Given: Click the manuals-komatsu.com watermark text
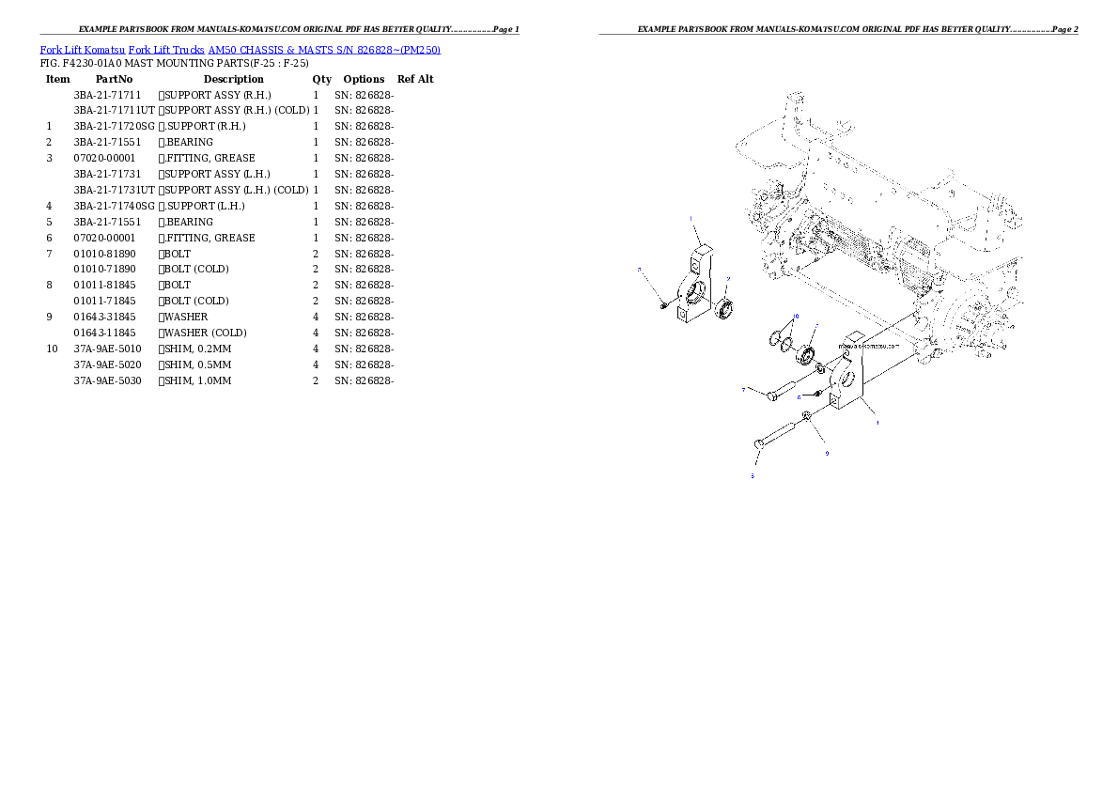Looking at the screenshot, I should [869, 345].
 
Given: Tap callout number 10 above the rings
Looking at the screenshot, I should [796, 317].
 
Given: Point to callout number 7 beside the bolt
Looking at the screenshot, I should [743, 390].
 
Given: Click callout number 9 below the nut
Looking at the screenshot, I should [827, 454].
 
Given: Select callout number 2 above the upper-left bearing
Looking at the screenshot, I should [727, 279].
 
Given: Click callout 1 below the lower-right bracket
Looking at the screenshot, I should [877, 423].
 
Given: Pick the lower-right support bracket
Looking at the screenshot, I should [851, 380].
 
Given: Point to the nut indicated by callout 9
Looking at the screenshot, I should [807, 414].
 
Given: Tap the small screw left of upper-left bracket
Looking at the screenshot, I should [663, 304].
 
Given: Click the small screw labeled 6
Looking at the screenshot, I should [818, 392].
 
